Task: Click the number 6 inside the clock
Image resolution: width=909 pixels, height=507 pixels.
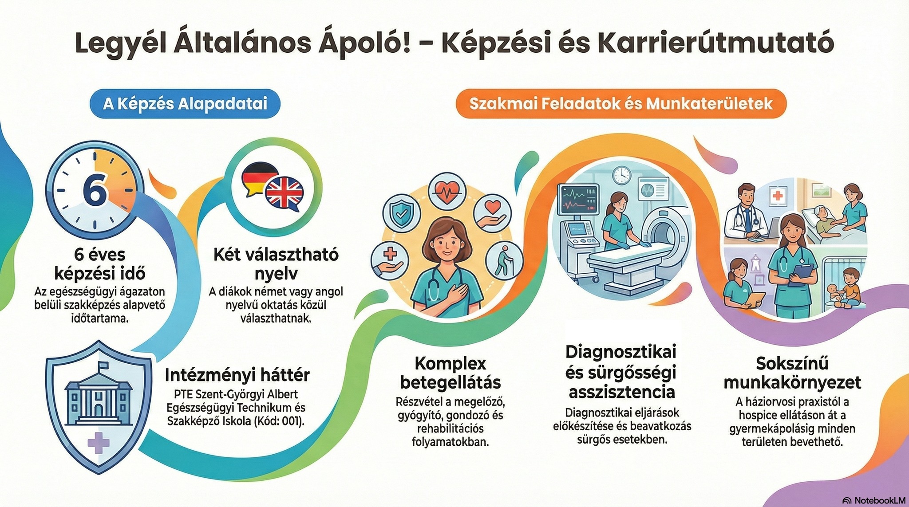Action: (x=95, y=189)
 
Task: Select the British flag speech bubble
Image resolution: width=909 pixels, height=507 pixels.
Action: (x=284, y=193)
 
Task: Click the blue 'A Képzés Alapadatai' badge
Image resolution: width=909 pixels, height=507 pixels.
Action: (x=185, y=104)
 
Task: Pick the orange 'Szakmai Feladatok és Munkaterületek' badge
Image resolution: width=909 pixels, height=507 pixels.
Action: (x=621, y=104)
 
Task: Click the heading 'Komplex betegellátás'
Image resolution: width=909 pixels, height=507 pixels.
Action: (x=451, y=373)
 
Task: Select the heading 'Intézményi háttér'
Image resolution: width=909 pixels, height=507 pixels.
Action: (x=237, y=375)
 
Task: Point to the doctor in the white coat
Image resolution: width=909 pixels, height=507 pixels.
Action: (x=747, y=212)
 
